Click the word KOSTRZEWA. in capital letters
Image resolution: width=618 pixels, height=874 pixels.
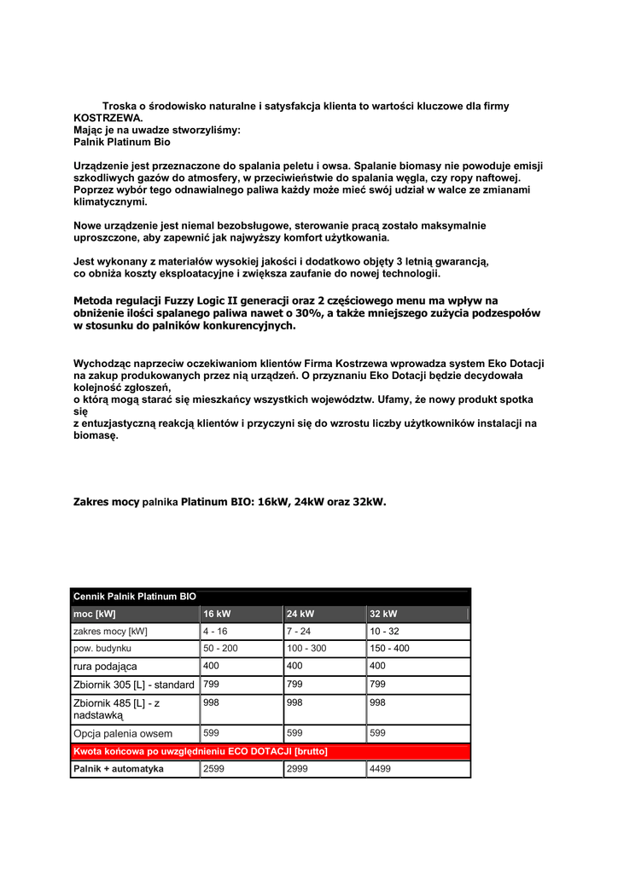coord(108,119)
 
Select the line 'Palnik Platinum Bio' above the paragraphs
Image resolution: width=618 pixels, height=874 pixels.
coord(122,143)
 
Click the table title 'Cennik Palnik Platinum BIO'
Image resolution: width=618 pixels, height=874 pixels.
coord(135,596)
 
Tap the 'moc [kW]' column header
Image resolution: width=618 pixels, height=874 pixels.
coord(95,614)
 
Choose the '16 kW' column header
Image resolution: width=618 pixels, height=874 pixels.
coord(217,614)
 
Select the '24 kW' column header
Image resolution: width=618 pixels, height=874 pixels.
coord(300,614)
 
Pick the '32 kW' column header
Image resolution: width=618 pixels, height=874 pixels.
coord(383,614)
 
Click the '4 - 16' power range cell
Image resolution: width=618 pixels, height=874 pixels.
coord(215,632)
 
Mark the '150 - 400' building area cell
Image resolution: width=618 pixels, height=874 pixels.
coord(389,649)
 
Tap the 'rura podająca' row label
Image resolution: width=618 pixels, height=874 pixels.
coord(105,666)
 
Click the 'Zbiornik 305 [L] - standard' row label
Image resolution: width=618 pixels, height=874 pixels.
coord(134,685)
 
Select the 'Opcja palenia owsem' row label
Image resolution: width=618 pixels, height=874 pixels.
coord(123,733)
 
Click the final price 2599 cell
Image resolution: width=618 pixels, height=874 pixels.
coord(214,769)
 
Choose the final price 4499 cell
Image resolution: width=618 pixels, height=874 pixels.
coord(381,769)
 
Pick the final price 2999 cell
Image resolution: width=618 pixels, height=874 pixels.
coord(298,769)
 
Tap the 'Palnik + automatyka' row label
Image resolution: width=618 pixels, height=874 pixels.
coord(119,769)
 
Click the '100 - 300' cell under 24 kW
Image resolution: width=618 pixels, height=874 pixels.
coord(306,649)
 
